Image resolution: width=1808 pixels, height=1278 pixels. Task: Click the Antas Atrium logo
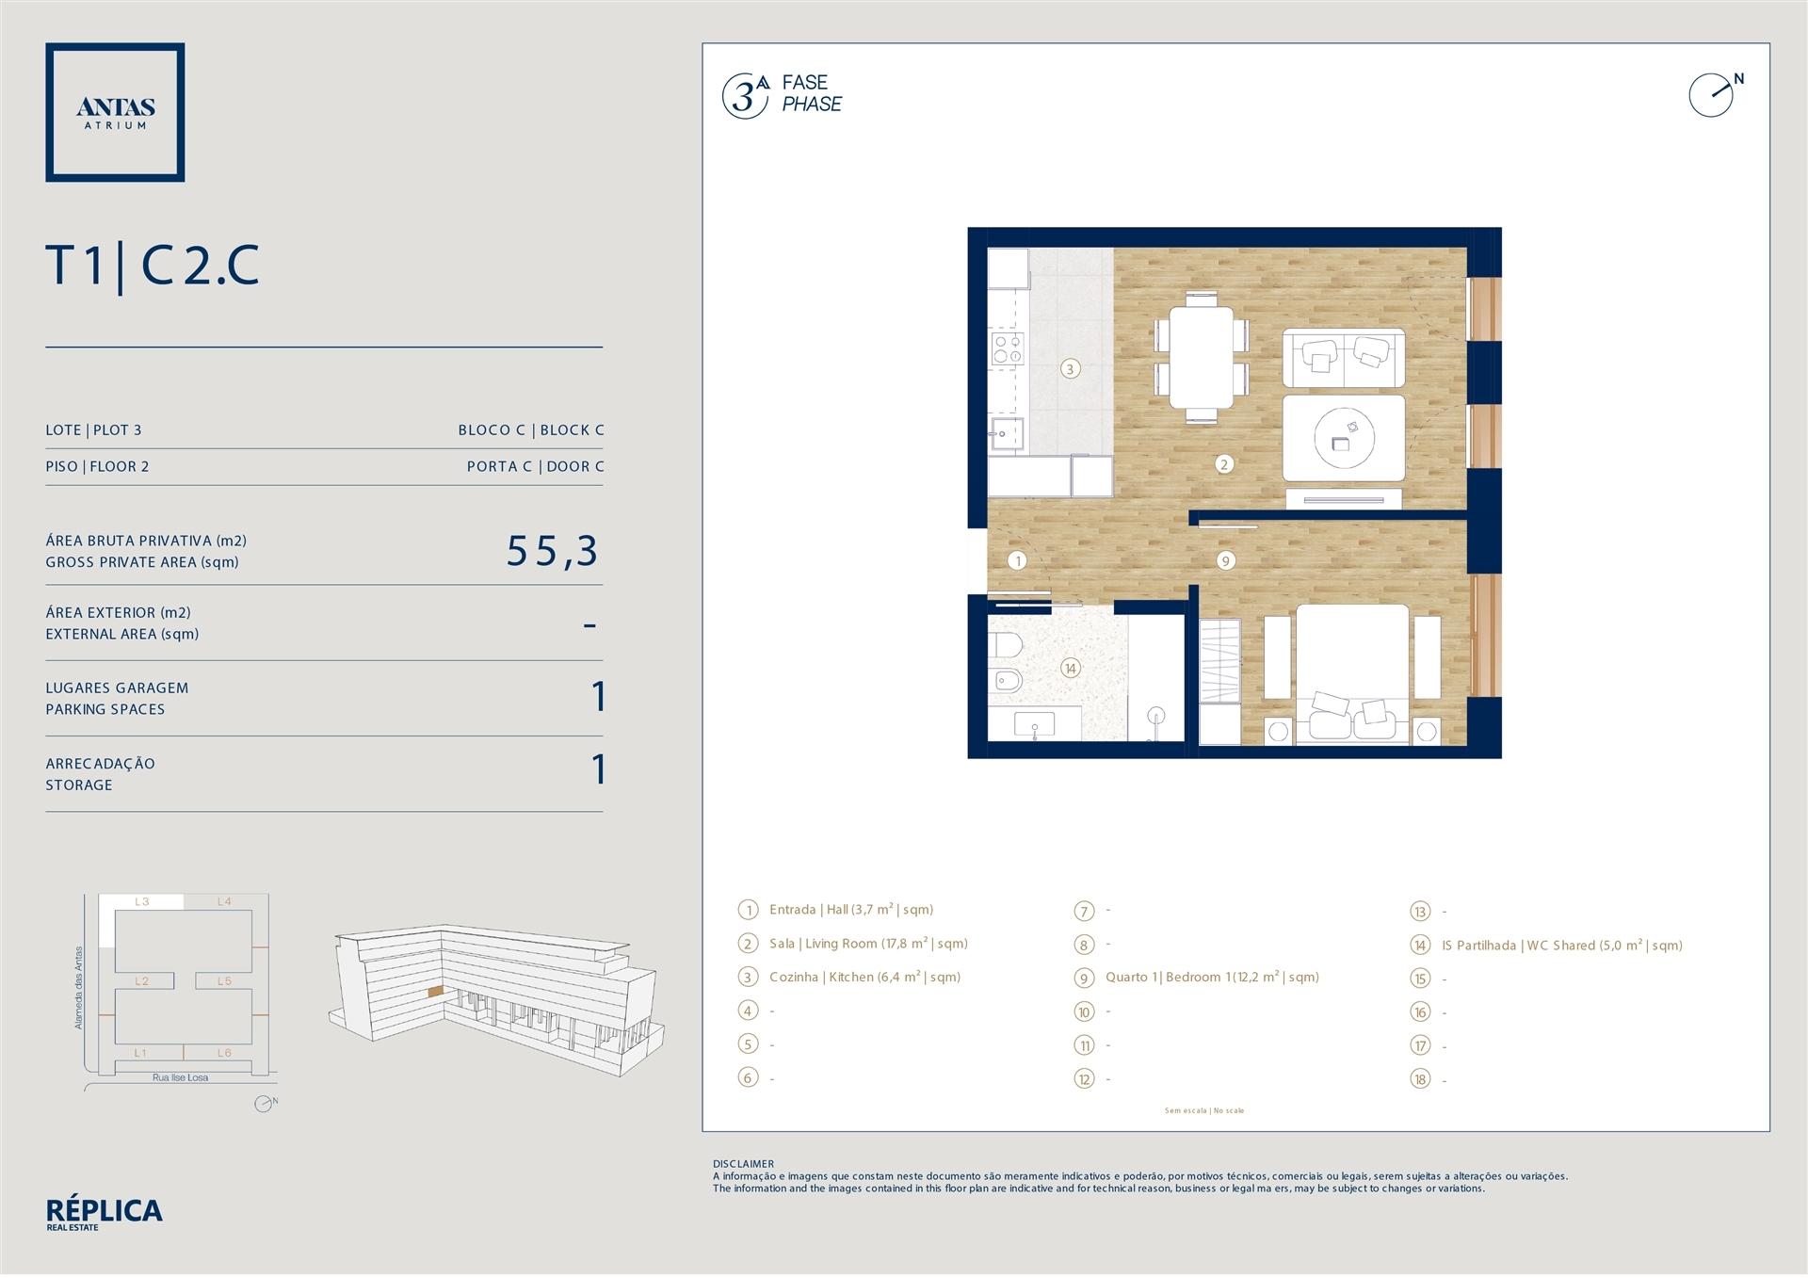click(115, 112)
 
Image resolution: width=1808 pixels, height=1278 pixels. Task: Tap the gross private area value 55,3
click(553, 551)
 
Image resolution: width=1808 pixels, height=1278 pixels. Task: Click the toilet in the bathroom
click(1005, 646)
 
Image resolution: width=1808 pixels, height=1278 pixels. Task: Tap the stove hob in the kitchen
click(1007, 348)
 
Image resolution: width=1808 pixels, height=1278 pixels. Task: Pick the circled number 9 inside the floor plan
click(1225, 560)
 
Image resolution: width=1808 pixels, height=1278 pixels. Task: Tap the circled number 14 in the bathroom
click(1070, 669)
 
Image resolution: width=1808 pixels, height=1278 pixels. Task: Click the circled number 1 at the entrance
click(1017, 561)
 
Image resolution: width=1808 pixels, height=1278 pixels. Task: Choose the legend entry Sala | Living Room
click(868, 944)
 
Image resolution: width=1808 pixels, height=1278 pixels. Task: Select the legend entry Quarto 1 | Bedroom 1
click(1212, 978)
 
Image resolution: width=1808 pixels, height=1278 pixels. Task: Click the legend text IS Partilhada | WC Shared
click(1561, 946)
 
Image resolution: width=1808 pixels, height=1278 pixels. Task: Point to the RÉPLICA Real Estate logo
click(104, 1214)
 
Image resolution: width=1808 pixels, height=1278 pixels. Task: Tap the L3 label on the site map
click(142, 901)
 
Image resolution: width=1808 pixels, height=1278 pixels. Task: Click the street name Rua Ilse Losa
click(181, 1077)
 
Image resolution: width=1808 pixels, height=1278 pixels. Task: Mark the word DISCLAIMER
click(743, 1164)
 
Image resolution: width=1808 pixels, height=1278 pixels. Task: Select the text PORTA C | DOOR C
click(536, 466)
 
